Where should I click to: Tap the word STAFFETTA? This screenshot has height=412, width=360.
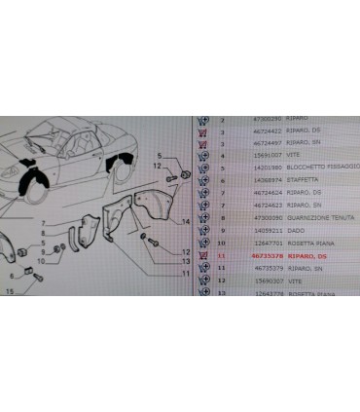(x=273, y=179)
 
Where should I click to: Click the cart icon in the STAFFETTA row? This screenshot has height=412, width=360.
(x=204, y=179)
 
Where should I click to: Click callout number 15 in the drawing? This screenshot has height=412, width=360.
(x=11, y=291)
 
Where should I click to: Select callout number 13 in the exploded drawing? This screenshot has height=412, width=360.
(x=184, y=263)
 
